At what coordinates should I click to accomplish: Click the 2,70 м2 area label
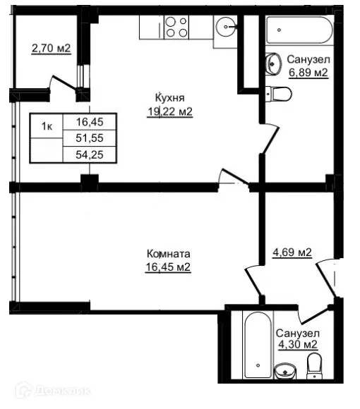tap(51, 49)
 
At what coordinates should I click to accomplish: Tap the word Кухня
tap(170, 98)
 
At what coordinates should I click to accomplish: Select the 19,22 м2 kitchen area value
tap(170, 111)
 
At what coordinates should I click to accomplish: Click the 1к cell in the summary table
tap(47, 126)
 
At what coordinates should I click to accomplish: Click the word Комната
tap(169, 253)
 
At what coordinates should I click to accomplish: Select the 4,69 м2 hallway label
tap(292, 252)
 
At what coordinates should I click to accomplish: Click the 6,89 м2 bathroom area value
tap(308, 72)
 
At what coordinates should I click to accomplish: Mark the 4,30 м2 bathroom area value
tap(296, 345)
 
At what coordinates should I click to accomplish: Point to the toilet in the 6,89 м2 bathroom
tap(280, 93)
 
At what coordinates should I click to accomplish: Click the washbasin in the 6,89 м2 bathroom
tap(274, 65)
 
